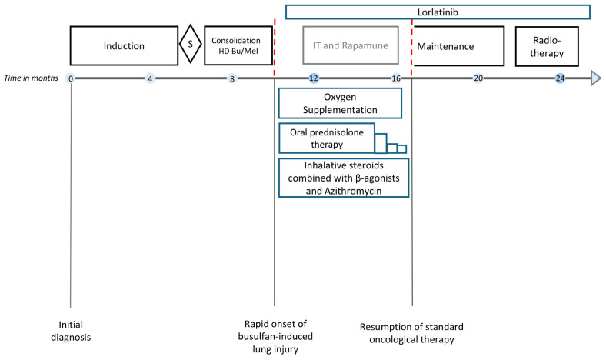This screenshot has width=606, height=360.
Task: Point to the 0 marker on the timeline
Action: tap(71, 78)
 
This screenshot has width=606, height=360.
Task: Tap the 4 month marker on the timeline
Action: tap(150, 78)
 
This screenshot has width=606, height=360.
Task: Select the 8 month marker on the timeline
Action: tap(232, 78)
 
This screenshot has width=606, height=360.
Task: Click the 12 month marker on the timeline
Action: tap(314, 78)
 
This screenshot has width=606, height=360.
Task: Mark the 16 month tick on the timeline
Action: tap(396, 78)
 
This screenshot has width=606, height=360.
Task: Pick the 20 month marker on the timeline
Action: tap(478, 78)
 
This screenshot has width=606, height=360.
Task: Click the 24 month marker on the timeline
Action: tap(560, 78)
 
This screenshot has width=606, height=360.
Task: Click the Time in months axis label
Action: tap(31, 78)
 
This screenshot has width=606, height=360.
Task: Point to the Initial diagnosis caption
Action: tap(71, 331)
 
